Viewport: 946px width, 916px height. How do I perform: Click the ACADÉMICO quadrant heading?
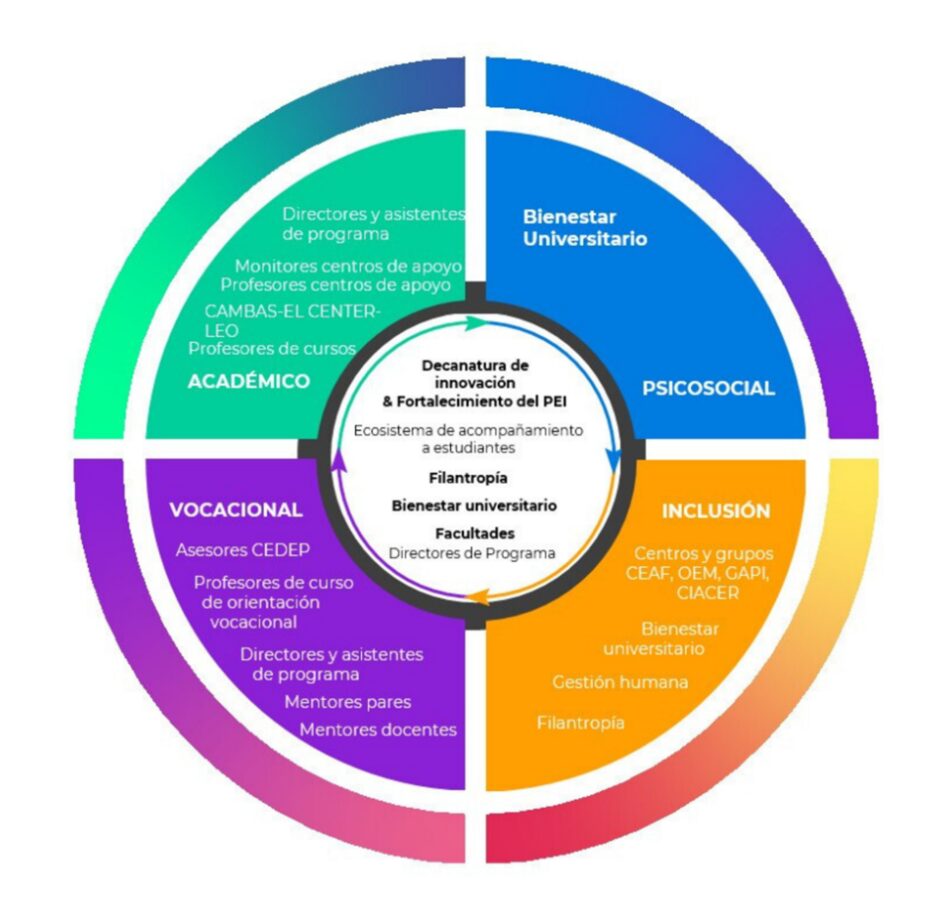[249, 381]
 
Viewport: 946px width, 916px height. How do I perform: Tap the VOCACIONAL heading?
[236, 509]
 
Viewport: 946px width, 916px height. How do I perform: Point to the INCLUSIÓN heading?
[716, 511]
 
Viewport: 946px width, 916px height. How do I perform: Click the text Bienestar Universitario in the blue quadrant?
[585, 228]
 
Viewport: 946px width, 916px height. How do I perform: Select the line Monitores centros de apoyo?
[348, 267]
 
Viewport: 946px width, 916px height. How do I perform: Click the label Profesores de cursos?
[272, 349]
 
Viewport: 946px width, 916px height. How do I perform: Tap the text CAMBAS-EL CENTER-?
[292, 310]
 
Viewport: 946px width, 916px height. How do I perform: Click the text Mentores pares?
[347, 702]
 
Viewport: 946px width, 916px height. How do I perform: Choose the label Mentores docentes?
[378, 730]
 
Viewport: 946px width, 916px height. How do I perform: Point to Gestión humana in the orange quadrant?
[620, 682]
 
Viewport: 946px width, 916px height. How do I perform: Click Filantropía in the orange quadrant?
[581, 722]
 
